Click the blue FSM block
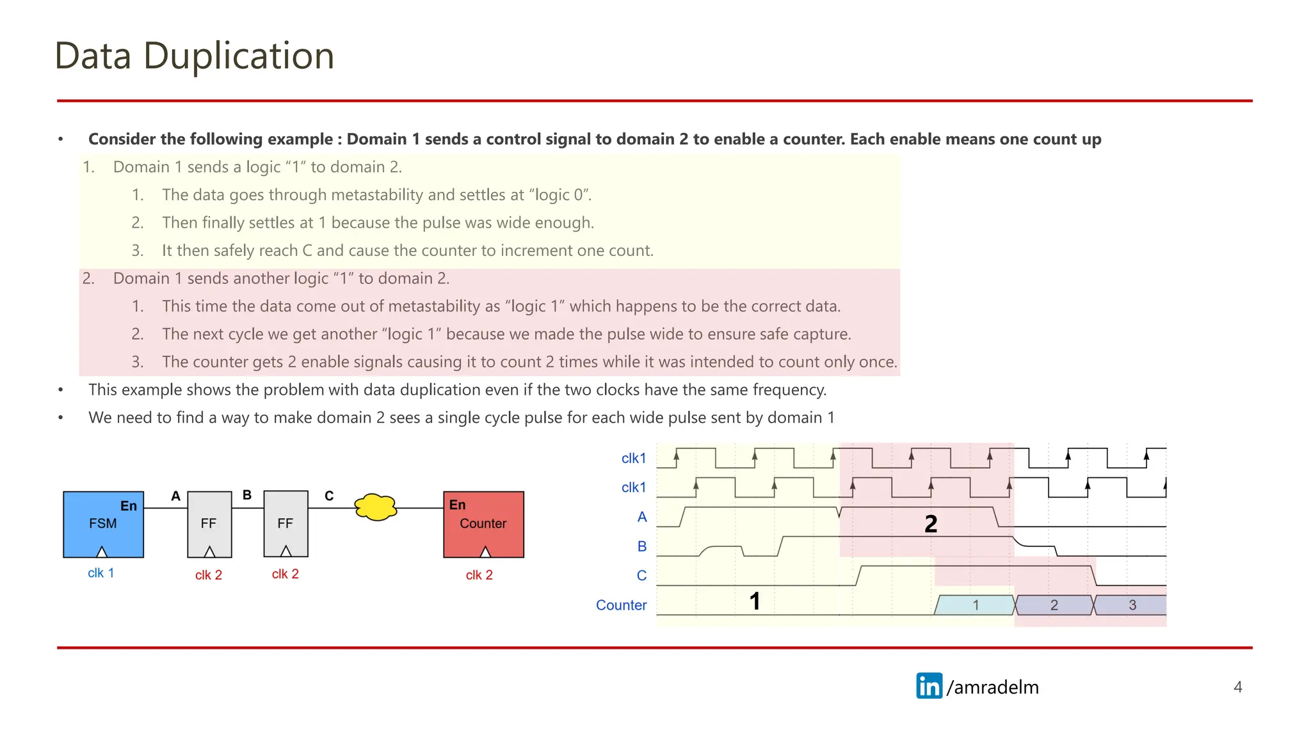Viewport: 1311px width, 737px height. tap(103, 524)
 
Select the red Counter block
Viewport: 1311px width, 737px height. tap(483, 524)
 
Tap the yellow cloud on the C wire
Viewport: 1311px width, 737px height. tap(376, 507)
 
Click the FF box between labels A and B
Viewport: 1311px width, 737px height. tap(209, 524)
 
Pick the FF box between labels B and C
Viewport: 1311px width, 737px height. tap(286, 524)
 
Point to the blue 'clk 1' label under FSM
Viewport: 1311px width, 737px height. tap(101, 573)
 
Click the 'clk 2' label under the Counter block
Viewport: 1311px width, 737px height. tap(479, 575)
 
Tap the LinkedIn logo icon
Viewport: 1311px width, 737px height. tap(929, 686)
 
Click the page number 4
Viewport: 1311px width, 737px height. tap(1237, 687)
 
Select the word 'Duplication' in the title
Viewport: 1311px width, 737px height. tap(238, 56)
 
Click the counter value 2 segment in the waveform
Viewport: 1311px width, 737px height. tap(1054, 605)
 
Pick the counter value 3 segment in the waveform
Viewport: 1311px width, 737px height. tap(1132, 605)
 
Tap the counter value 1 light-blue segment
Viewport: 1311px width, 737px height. tap(975, 605)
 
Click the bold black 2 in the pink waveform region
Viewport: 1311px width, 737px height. tap(931, 525)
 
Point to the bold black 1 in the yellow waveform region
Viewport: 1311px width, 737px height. tap(755, 601)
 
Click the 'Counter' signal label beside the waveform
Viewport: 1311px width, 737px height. tap(621, 605)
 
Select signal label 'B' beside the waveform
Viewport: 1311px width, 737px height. tap(641, 546)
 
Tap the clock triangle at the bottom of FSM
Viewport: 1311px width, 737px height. tap(102, 552)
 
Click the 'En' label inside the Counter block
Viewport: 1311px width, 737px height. tap(458, 505)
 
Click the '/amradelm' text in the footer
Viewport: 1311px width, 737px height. tap(992, 687)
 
